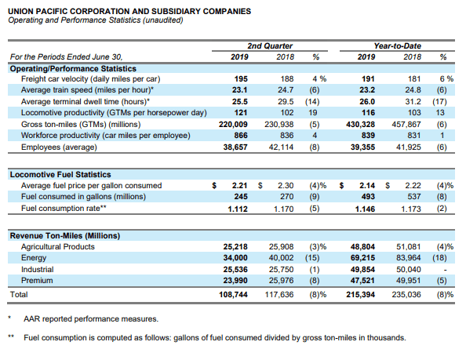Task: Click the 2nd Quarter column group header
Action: (x=270, y=46)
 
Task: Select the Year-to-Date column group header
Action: (x=397, y=46)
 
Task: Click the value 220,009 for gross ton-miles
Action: (x=233, y=125)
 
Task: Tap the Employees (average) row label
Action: (x=59, y=147)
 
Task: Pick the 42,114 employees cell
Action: (x=281, y=147)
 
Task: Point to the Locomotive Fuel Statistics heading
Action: (x=60, y=175)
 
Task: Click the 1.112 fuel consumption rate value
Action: (x=238, y=209)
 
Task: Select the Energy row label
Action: (x=34, y=258)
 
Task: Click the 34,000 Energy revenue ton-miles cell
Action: (x=235, y=258)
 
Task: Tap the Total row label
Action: (x=19, y=295)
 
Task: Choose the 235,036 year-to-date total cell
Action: (x=406, y=295)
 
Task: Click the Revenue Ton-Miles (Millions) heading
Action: (x=65, y=236)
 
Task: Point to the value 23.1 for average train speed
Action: (x=240, y=90)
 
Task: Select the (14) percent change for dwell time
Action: (x=312, y=102)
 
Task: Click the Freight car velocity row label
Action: (x=91, y=79)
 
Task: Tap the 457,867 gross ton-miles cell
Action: (x=406, y=125)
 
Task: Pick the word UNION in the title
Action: (x=20, y=12)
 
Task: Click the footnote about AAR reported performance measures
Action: (x=91, y=319)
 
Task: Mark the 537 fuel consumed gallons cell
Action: (x=414, y=197)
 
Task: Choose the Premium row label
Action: (x=37, y=281)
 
